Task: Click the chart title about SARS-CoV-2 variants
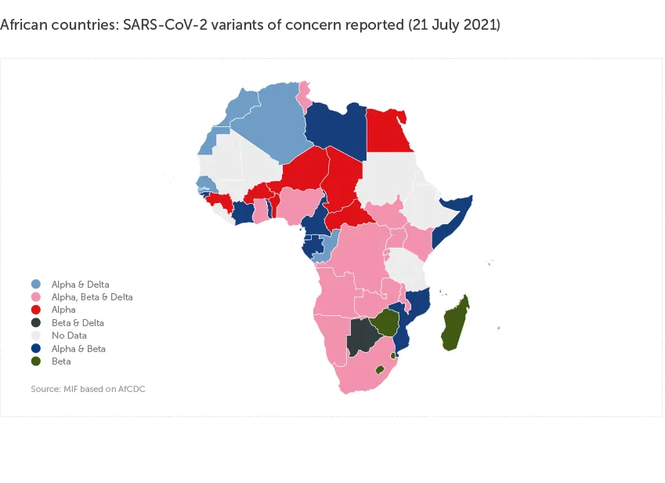click(x=250, y=25)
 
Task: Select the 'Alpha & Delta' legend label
click(x=80, y=284)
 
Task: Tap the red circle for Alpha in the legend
click(x=36, y=310)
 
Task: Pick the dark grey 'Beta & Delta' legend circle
click(x=36, y=323)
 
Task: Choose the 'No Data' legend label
click(x=69, y=336)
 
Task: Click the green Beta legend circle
click(x=36, y=361)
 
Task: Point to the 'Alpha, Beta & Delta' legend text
click(x=92, y=297)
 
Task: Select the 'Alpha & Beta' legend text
click(x=78, y=349)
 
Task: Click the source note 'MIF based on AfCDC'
click(x=88, y=389)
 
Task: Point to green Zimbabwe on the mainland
click(x=385, y=321)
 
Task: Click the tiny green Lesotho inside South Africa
click(x=379, y=369)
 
